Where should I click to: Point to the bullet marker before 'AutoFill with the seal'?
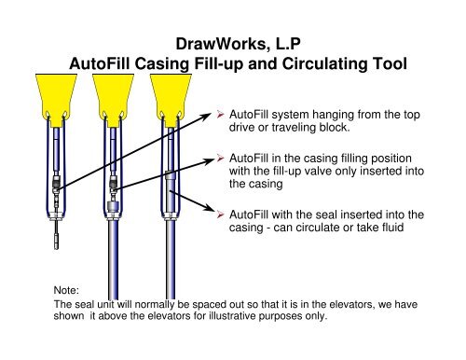click(220, 213)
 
